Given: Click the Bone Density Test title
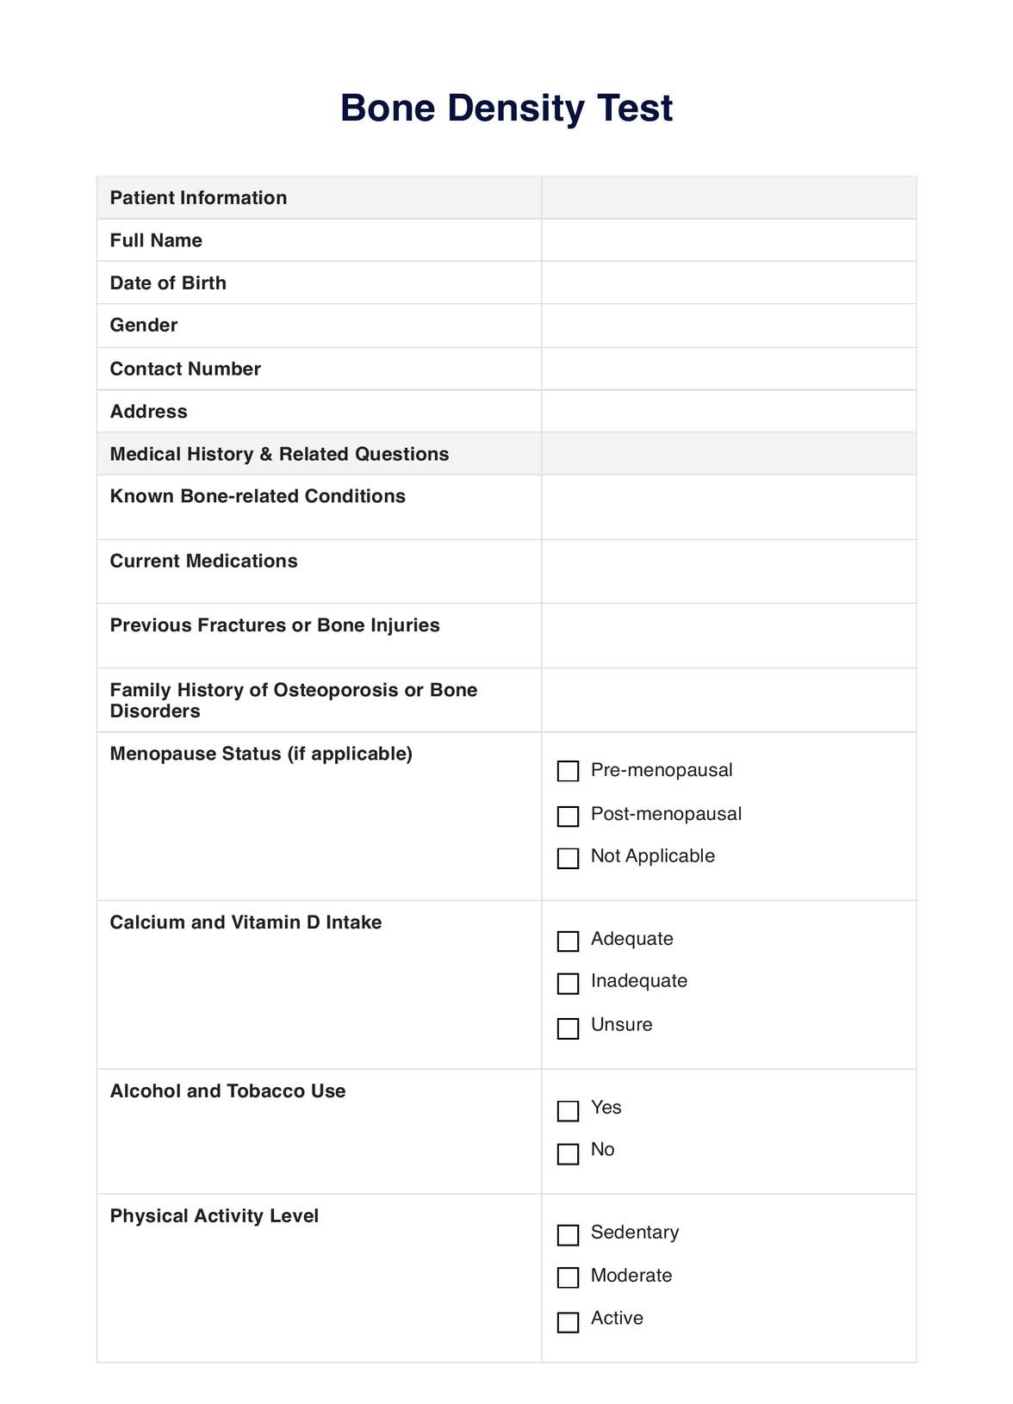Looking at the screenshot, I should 506,109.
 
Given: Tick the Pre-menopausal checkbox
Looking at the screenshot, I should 568,771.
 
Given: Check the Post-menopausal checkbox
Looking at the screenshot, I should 568,816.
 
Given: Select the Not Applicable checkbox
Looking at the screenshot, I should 568,858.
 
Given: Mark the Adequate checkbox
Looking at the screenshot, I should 568,941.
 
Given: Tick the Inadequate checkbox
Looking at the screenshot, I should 568,983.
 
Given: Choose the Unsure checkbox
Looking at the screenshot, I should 568,1028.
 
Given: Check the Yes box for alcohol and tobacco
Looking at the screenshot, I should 568,1110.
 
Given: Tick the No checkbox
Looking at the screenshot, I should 568,1153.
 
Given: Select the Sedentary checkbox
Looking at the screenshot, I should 568,1234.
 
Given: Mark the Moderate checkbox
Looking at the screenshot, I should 568,1277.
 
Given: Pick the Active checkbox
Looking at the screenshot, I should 568,1321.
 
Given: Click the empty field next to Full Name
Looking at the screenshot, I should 728,240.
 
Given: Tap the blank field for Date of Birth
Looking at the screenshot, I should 728,283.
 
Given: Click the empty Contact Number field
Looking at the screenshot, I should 728,369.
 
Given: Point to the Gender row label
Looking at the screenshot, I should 144,326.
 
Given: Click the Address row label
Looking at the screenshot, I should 149,412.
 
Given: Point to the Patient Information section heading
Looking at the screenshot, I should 199,198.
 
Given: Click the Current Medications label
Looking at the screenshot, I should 204,562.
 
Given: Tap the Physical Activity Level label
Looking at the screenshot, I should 214,1216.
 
